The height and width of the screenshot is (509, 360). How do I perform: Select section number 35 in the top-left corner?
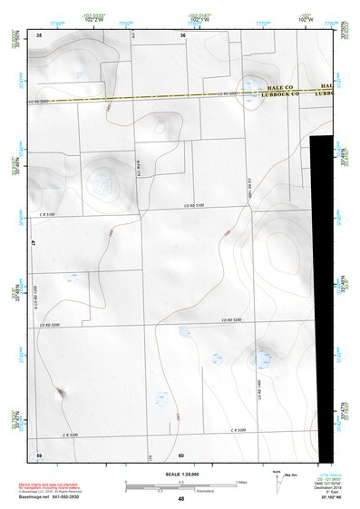[39, 34]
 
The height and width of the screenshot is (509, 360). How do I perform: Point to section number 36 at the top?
[183, 34]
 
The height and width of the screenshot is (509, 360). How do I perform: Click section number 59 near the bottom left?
[39, 454]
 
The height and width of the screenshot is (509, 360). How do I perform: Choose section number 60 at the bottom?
[181, 454]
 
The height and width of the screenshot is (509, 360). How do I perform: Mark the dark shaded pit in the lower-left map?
[60, 392]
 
